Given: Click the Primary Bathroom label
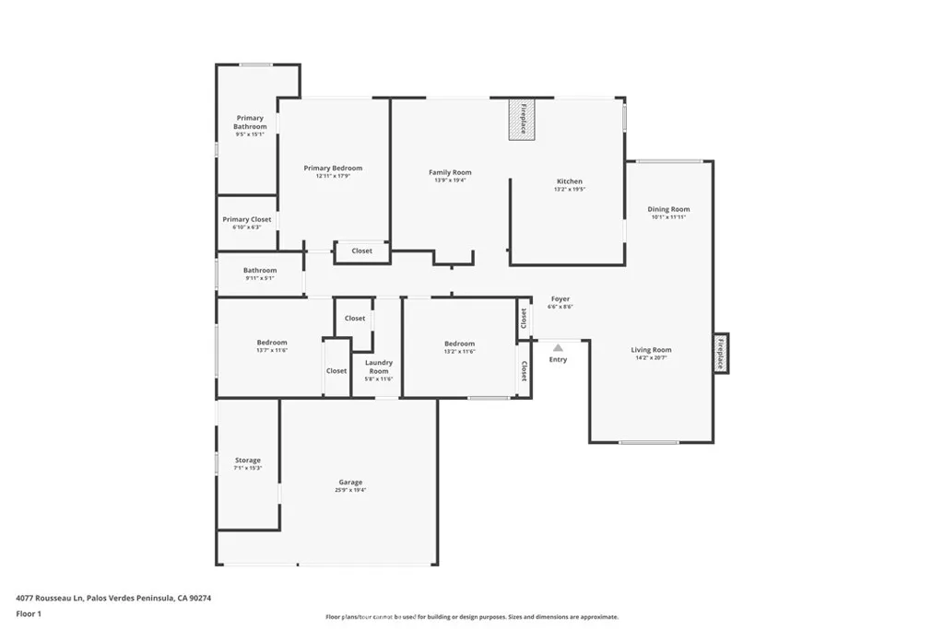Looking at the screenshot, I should (x=250, y=122).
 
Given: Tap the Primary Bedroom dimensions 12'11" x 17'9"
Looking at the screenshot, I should (x=333, y=176).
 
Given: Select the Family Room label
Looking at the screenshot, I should (x=450, y=172).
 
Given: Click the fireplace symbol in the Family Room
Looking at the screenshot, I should (x=522, y=119).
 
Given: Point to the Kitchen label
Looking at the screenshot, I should (x=569, y=181).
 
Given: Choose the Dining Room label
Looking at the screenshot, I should (x=668, y=209).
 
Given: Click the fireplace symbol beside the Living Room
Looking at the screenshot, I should (x=721, y=353).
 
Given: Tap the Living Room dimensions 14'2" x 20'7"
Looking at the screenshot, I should (x=651, y=357).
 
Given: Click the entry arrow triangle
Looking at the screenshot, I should (x=558, y=347).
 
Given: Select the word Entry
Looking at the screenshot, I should (x=558, y=359).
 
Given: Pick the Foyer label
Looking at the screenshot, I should (x=560, y=298).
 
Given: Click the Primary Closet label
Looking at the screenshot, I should (x=247, y=219).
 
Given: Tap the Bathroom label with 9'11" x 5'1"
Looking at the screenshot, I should (x=260, y=271).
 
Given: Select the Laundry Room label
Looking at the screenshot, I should (x=379, y=367).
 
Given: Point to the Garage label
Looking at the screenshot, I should (x=350, y=482).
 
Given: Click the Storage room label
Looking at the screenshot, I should (x=247, y=460).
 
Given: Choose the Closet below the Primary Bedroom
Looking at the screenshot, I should (x=361, y=250).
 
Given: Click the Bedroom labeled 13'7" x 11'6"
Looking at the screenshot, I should (x=272, y=343).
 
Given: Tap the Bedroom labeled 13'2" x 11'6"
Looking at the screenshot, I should (x=459, y=343).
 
